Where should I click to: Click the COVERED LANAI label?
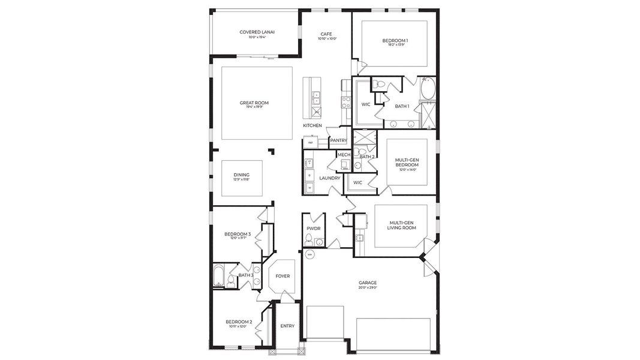(x=253, y=32)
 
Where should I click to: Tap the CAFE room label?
(x=326, y=34)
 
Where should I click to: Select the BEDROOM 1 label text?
(x=395, y=41)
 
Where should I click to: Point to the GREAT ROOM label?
(x=254, y=103)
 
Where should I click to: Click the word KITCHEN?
(x=312, y=125)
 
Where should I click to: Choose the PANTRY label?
(x=338, y=140)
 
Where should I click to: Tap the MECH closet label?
(x=344, y=155)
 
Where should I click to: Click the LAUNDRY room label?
(x=329, y=178)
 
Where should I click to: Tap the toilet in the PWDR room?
(x=308, y=240)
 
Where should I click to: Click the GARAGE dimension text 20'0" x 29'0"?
(x=368, y=288)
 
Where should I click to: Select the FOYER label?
(x=282, y=277)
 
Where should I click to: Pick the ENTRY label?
(x=287, y=326)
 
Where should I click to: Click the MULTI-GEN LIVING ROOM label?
(x=401, y=225)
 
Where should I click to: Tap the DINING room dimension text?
(x=242, y=179)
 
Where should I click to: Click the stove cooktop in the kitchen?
(x=345, y=103)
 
